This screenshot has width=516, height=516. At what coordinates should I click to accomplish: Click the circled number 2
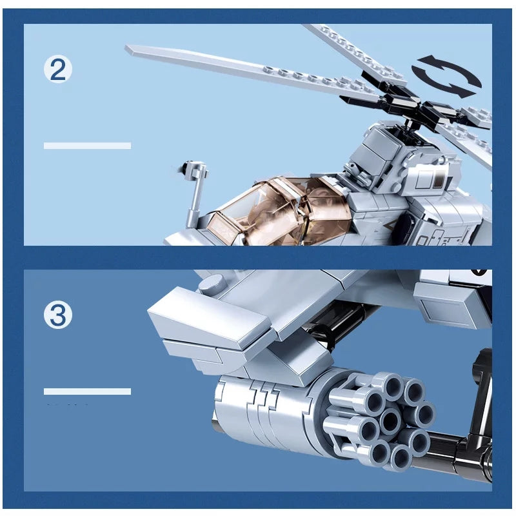[58, 69]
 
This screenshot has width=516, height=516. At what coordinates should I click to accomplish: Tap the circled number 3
[58, 315]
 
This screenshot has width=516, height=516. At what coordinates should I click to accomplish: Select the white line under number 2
[87, 146]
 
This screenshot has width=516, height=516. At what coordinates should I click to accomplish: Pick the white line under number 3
[87, 392]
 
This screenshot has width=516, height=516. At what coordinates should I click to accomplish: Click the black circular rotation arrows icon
[446, 77]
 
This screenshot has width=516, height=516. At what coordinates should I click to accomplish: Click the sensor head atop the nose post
[193, 171]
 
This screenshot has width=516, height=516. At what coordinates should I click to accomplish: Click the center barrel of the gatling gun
[389, 421]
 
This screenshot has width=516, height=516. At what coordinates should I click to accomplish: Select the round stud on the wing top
[212, 284]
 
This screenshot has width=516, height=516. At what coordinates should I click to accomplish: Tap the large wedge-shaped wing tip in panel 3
[206, 316]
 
